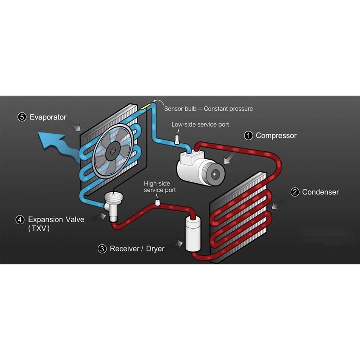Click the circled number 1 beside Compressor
coord(249,136)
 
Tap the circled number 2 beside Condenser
coord(295,192)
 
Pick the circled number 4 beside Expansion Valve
coord(20,220)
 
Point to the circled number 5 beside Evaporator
coord(22,117)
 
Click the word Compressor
coord(276,136)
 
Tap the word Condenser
coord(320,192)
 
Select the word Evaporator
coord(48,117)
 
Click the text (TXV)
coord(39,229)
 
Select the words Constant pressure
coord(228,109)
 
